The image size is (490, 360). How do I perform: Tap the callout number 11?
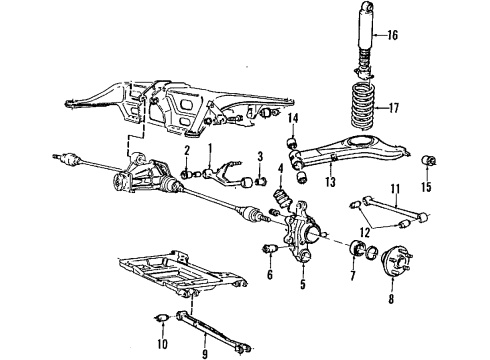[395, 188]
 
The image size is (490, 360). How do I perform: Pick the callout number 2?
[186, 152]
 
